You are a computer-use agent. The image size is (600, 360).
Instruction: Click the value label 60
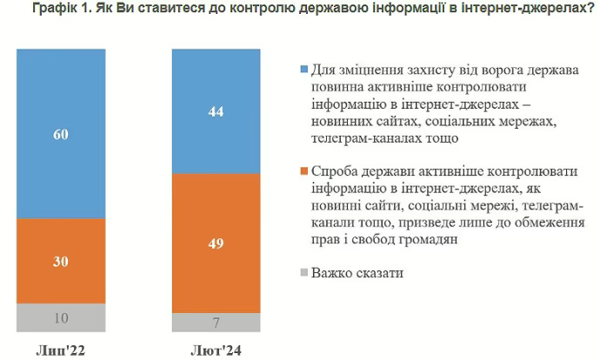tap(61, 134)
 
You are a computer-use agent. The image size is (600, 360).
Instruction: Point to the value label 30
tap(61, 261)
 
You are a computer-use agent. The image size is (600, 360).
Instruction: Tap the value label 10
tap(61, 318)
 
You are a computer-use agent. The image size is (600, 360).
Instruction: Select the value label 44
tap(217, 111)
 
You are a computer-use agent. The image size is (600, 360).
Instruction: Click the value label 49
tap(217, 243)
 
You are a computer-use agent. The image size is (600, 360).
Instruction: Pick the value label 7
tap(217, 323)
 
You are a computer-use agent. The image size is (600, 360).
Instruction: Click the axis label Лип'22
tap(61, 350)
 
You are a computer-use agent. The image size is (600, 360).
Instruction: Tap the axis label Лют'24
tap(217, 350)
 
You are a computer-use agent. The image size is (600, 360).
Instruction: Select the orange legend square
tap(301, 171)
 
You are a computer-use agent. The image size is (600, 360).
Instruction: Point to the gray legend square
tap(301, 273)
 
